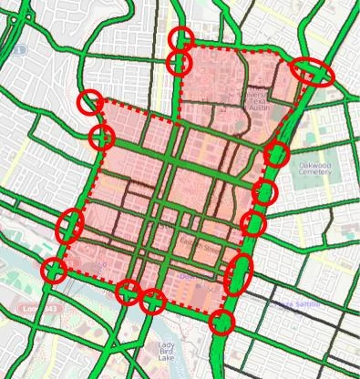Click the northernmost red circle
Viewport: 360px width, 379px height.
(x=181, y=38)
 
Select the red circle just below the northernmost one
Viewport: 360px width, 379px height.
(x=180, y=63)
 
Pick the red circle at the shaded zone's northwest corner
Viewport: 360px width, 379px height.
(x=89, y=102)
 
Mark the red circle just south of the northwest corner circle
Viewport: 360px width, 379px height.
(x=101, y=138)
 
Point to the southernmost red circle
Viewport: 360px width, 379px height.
(x=221, y=322)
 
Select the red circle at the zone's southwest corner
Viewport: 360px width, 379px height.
(x=55, y=271)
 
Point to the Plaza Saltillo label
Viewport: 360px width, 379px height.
(x=294, y=304)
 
